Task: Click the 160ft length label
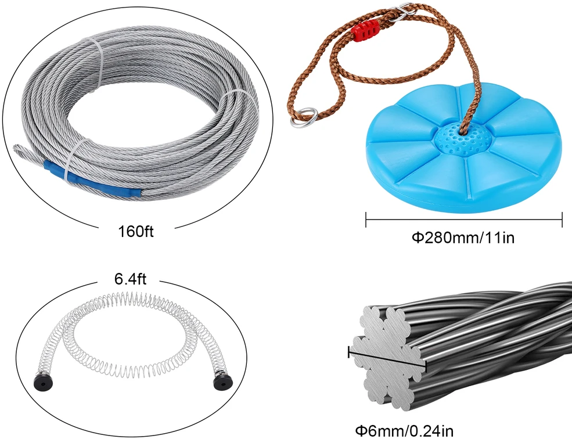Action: (x=136, y=231)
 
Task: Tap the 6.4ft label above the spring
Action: (x=130, y=279)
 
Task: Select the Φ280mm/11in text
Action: (x=463, y=238)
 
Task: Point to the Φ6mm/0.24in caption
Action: (x=404, y=431)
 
